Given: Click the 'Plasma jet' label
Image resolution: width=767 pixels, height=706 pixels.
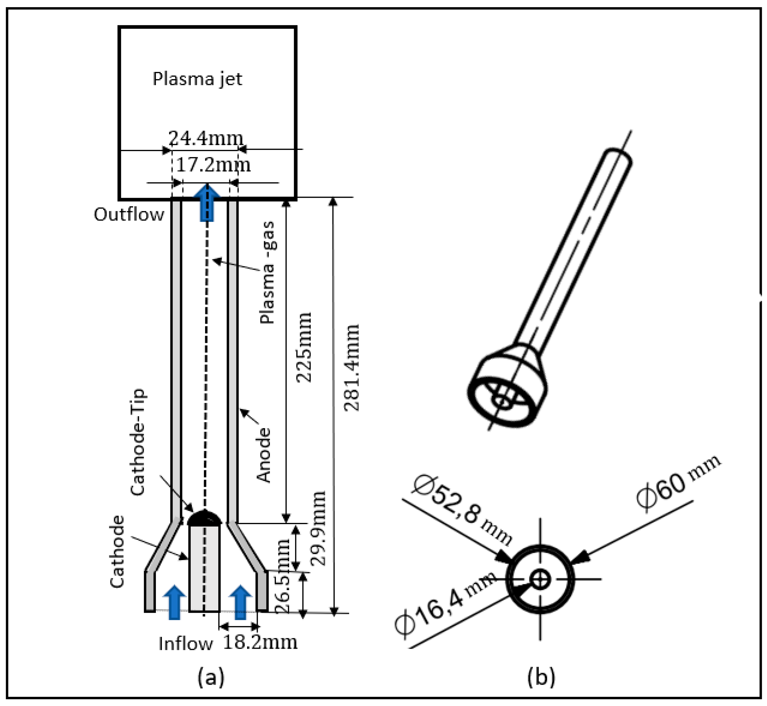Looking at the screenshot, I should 197,79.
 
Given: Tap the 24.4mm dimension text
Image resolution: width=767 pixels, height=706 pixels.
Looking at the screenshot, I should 206,138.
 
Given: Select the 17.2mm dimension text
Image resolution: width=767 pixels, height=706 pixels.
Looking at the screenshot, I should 213,165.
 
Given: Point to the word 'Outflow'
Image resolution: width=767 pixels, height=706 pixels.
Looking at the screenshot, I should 129,215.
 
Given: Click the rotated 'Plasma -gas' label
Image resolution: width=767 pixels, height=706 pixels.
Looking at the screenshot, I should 267,272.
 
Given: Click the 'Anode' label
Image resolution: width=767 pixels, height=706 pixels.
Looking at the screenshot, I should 264,455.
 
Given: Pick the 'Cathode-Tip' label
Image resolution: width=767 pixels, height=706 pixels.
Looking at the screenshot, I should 138,442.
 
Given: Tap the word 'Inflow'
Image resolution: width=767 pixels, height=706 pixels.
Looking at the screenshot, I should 185,644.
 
